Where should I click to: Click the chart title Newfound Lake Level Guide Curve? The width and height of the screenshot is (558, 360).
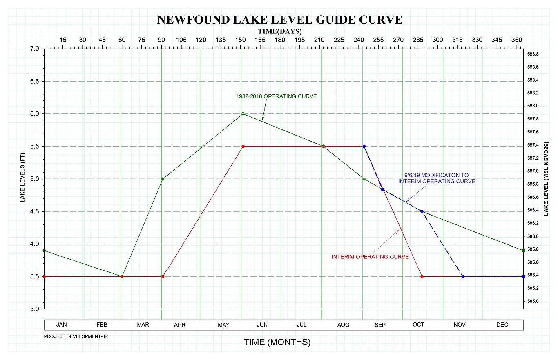coord(280,20)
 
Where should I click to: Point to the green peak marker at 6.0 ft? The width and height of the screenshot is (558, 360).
coord(243,114)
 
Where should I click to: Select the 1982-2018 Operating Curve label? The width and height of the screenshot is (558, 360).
coord(276,96)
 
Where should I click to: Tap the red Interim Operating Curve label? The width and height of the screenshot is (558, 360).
coord(370,257)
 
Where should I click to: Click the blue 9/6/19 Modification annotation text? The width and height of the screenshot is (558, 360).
coord(436,178)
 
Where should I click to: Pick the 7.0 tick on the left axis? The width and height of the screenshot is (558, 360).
coord(34,49)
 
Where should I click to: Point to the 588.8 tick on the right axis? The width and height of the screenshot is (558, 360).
coord(533,54)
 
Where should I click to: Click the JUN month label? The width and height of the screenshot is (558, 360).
coord(262,325)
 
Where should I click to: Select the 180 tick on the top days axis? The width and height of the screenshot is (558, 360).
coord(280,40)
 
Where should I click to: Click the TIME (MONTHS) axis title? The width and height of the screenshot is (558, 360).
coord(277,342)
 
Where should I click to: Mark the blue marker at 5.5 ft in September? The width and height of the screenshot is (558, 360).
coord(364,146)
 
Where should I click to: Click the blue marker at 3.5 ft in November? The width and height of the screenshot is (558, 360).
coord(462,276)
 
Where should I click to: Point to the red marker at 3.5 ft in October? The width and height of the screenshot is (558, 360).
coord(422,276)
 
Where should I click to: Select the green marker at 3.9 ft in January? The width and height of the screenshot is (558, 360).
coord(44,251)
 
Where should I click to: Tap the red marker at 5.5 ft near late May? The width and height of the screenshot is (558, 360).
coord(243,146)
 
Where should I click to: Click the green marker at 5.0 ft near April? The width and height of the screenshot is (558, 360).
coord(163,179)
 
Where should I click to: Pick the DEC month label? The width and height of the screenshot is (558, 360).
coord(502,325)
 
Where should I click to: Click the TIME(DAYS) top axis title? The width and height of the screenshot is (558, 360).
coord(280,31)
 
